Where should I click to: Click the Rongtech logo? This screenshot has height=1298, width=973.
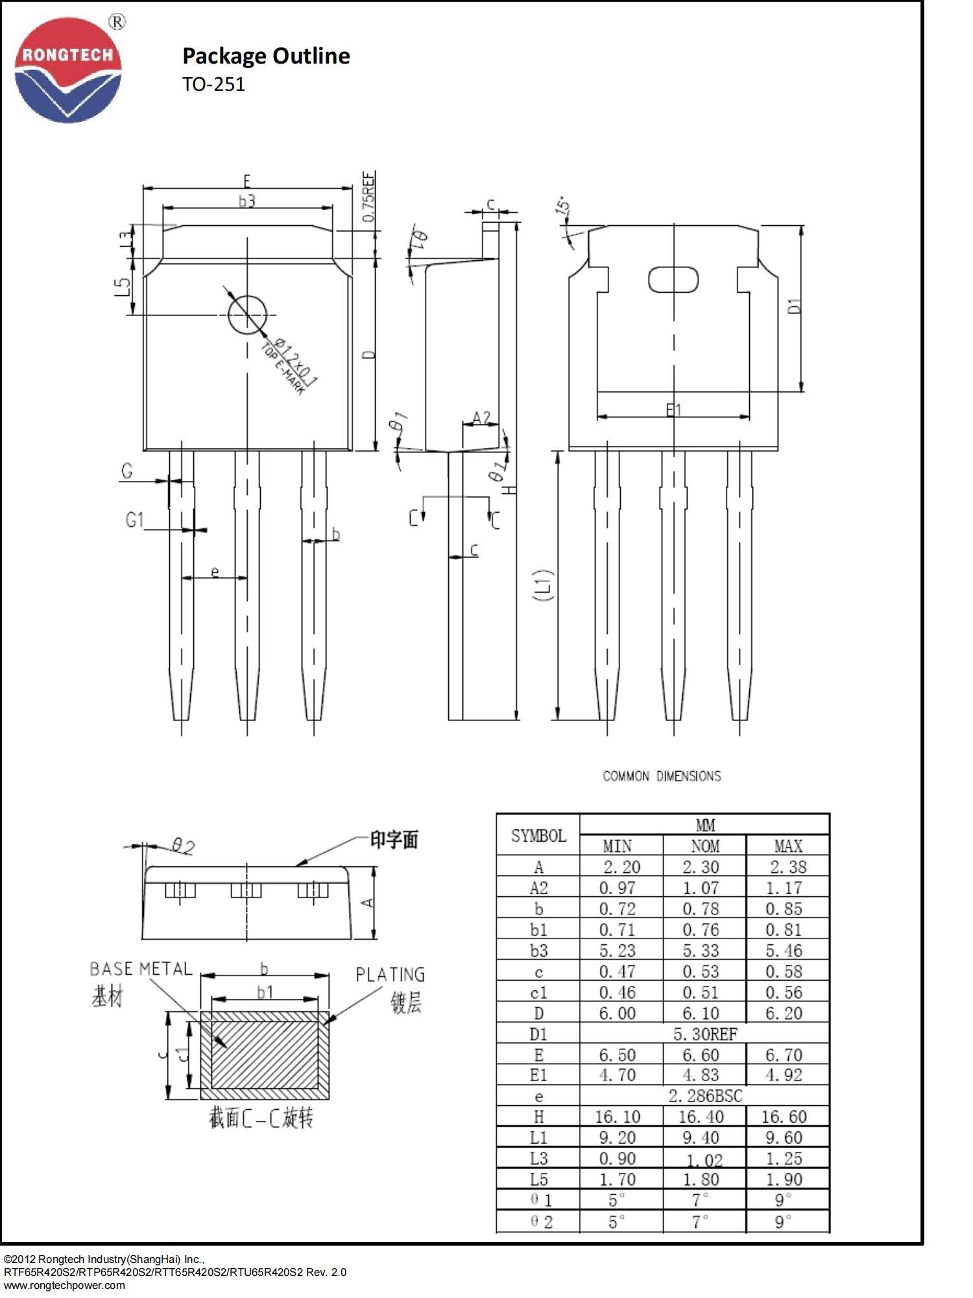click(x=68, y=70)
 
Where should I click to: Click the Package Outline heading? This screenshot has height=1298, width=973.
click(x=266, y=56)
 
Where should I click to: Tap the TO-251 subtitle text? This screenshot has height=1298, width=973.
click(x=213, y=85)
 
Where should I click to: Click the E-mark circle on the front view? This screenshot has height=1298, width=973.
click(x=247, y=315)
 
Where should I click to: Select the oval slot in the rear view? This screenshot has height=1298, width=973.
click(x=673, y=280)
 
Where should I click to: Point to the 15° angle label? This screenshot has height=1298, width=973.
click(x=564, y=206)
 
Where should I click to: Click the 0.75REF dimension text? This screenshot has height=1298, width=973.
click(x=368, y=197)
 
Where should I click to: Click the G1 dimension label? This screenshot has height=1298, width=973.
click(x=134, y=520)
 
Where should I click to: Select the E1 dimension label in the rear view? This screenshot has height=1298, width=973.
click(x=673, y=410)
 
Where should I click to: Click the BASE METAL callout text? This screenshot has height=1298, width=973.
click(x=141, y=969)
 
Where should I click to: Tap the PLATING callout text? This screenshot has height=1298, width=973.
click(x=390, y=975)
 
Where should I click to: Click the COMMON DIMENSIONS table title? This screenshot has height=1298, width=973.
click(x=662, y=776)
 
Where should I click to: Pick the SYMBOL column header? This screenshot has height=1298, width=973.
click(x=538, y=836)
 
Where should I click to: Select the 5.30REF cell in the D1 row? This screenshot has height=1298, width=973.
click(x=704, y=1034)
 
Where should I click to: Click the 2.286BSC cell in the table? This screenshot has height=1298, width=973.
click(x=704, y=1096)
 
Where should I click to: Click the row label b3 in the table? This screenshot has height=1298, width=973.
click(x=538, y=951)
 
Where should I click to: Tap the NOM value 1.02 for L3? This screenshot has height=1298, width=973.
click(x=704, y=1159)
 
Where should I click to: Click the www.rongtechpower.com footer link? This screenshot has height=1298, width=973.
click(x=64, y=1285)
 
